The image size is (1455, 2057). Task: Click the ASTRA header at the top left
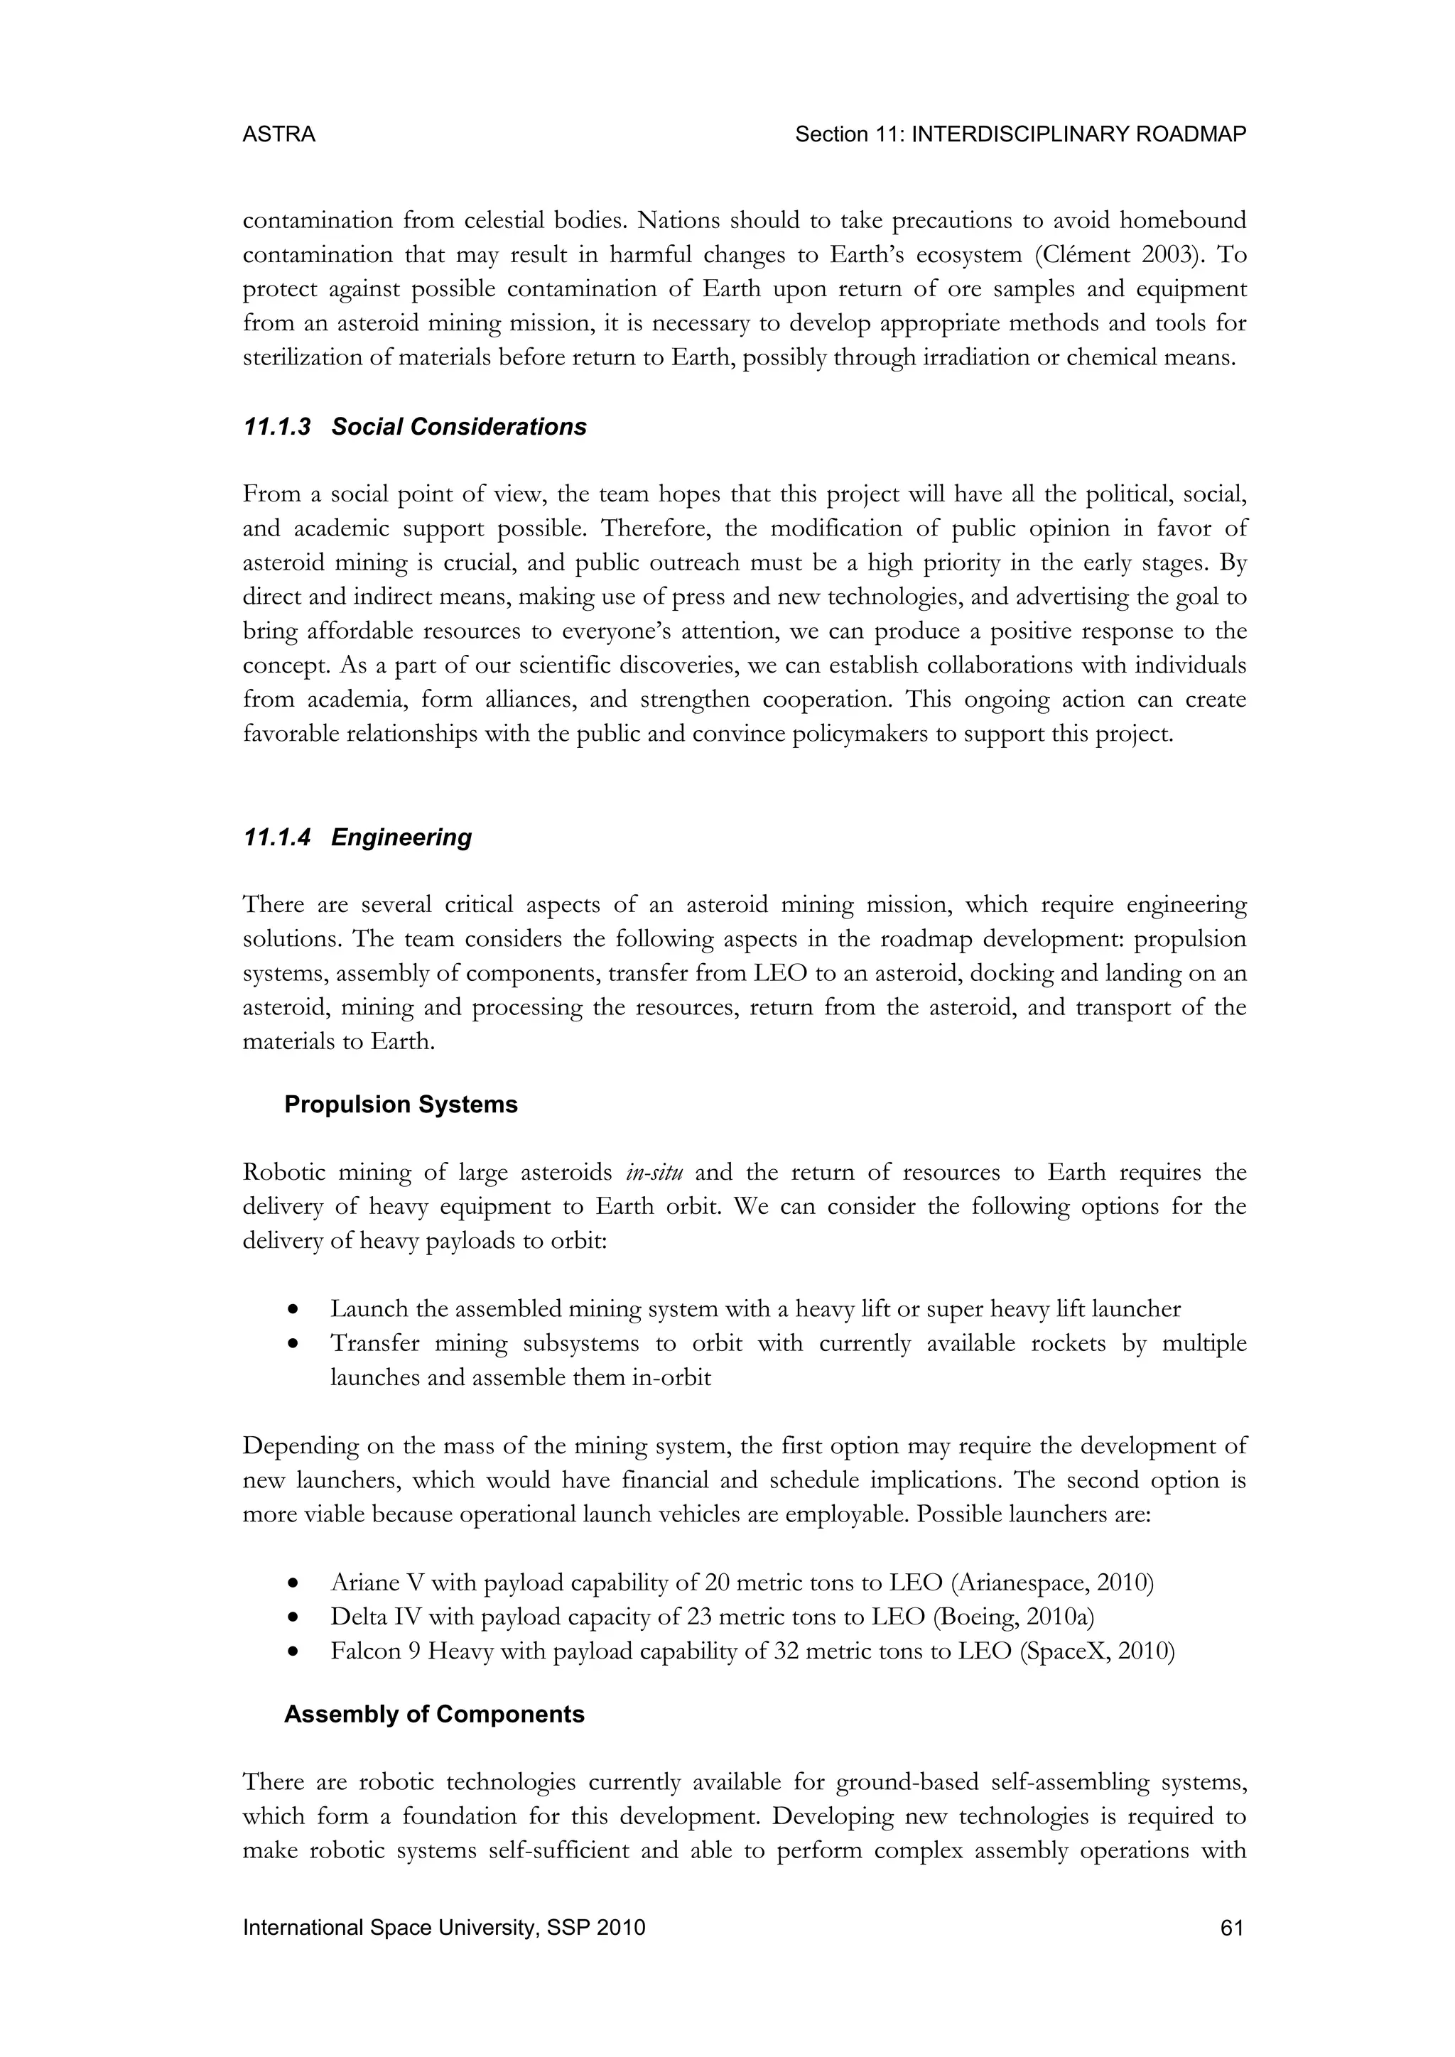(x=278, y=134)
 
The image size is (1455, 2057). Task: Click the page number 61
(x=1232, y=1928)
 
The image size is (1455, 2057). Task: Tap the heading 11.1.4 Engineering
(x=357, y=837)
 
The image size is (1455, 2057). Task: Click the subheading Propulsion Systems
(x=401, y=1105)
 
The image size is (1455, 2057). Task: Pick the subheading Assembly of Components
(x=433, y=1715)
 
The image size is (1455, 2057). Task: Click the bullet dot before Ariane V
(x=293, y=1584)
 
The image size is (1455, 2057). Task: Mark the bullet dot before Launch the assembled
(x=293, y=1310)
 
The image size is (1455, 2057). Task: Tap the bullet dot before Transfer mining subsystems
(x=293, y=1345)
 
